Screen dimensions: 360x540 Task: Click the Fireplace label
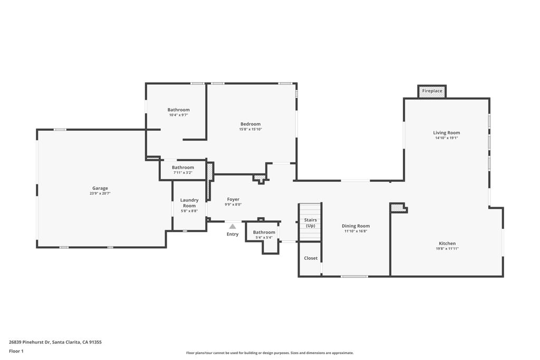432,91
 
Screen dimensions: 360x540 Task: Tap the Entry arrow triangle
233,226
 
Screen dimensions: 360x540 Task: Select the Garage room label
100,188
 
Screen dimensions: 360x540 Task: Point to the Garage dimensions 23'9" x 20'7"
100,193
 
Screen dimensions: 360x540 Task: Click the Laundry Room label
189,202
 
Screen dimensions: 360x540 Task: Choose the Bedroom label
250,124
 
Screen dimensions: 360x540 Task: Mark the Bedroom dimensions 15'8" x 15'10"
250,129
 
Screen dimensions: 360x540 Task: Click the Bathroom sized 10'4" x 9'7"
179,110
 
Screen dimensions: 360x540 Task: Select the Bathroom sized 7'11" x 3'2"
183,168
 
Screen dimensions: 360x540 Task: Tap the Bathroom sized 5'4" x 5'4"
264,232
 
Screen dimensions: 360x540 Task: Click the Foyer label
233,199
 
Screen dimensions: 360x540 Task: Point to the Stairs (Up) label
311,222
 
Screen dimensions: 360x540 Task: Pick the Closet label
311,258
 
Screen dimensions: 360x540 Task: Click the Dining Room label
357,226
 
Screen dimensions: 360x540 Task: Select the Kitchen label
447,244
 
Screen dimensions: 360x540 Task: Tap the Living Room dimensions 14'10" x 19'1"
447,138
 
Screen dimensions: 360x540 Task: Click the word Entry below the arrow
233,234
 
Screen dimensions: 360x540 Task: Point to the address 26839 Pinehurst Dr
30,342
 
